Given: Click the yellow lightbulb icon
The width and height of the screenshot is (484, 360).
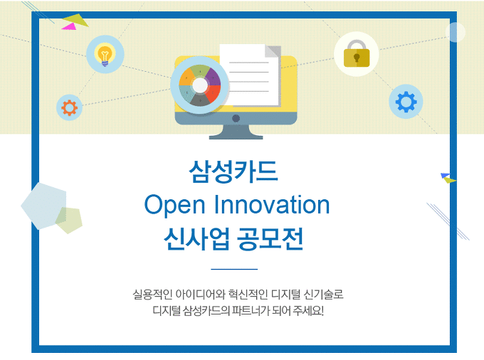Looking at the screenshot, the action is point(105,55).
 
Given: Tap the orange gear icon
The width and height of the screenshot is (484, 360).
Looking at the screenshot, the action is point(70,107).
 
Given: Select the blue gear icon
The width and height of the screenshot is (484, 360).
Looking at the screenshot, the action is point(406,102).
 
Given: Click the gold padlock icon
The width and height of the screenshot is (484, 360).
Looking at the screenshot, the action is point(357,53).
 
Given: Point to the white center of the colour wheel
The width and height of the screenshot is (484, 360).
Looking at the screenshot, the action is point(200,85).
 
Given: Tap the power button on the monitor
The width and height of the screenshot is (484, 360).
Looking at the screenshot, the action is point(236,118).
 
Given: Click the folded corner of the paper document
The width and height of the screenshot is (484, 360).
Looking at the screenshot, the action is point(273,51).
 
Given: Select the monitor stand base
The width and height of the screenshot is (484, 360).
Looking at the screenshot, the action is point(236,135).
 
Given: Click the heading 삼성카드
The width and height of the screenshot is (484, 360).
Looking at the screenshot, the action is point(233,171).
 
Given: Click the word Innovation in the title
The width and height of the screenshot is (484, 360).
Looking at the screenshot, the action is point(272,204).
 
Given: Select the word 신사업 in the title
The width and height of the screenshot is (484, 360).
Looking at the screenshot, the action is point(197,238).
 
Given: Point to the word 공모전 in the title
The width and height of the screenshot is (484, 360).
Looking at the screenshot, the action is point(270,238).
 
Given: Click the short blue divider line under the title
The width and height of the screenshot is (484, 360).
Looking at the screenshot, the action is point(234,270).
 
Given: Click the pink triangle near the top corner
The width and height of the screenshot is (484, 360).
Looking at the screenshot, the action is point(69,26).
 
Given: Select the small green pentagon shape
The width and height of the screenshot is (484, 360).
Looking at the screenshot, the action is point(69,221).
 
